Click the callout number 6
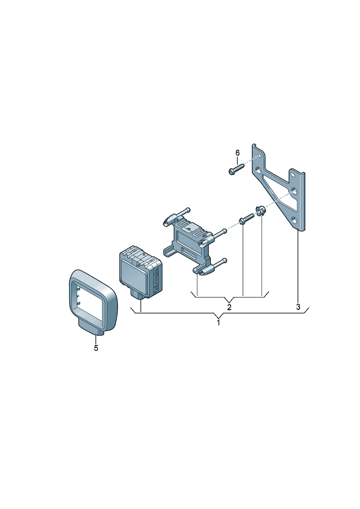(237, 153)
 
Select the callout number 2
(229, 307)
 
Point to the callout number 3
(298, 307)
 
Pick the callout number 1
(218, 323)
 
